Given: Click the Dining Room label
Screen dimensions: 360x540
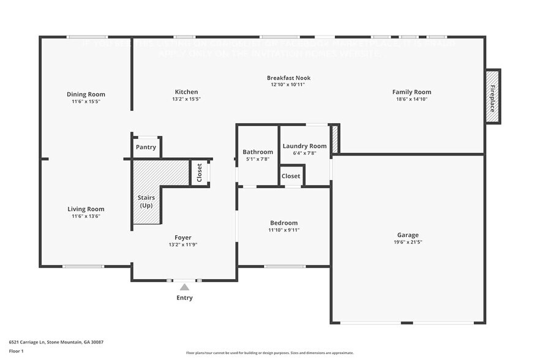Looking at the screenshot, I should [86, 94].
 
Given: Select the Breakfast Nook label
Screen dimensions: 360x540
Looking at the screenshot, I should [288, 78].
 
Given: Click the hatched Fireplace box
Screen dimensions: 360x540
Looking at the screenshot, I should [492, 96].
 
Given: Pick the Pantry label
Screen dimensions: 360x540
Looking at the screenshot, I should [146, 147].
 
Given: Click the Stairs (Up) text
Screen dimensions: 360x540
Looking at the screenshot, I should [146, 201].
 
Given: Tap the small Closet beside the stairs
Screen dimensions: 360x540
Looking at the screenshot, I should [200, 172].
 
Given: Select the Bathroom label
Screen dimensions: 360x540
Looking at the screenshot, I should [258, 152].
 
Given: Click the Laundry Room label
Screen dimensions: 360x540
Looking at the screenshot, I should [304, 146].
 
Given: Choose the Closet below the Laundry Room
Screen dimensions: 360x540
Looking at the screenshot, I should [291, 176].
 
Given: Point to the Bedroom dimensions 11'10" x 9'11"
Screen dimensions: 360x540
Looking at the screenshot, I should [283, 230].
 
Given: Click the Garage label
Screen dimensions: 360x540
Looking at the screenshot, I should [408, 235].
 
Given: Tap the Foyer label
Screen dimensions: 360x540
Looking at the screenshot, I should [182, 238].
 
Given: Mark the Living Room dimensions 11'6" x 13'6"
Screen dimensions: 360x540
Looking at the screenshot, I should [86, 216].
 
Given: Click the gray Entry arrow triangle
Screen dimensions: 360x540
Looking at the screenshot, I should [184, 287].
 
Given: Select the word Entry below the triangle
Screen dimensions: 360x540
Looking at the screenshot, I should [184, 298].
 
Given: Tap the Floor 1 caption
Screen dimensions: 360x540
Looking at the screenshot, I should [16, 351].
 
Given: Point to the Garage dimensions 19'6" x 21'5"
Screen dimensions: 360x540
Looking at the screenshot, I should [408, 242].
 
